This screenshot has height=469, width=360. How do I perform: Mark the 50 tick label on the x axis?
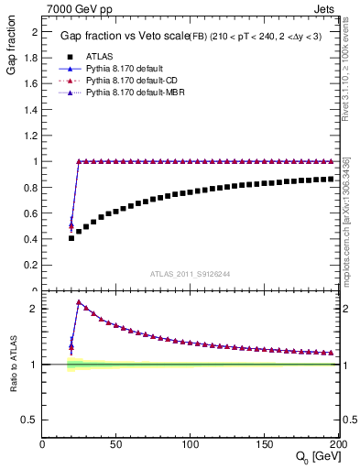click(115, 444)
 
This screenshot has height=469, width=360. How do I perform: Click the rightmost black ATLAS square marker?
click(331, 179)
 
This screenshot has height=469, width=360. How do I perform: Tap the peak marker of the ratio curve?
click(79, 302)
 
